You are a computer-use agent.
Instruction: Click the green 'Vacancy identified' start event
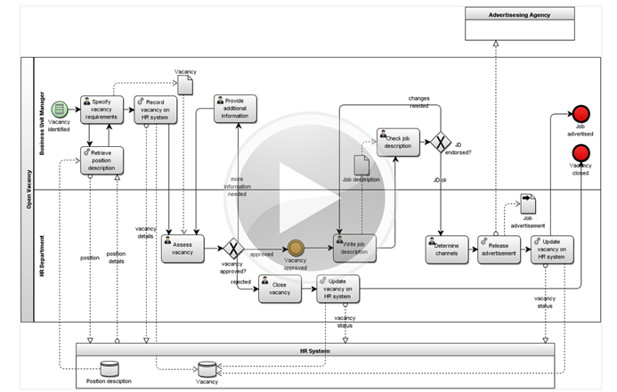[x=60, y=109]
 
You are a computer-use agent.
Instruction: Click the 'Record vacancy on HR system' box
[x=158, y=109]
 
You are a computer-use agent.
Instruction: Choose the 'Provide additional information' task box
[x=235, y=108]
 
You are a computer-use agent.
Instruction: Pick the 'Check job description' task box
[x=398, y=143]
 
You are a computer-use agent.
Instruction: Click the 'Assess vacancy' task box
[x=183, y=249]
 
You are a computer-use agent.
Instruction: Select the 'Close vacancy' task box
[x=280, y=289]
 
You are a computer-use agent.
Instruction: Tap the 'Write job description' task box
[x=353, y=248]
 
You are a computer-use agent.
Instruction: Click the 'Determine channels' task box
[x=447, y=249]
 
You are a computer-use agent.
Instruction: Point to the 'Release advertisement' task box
[x=498, y=249]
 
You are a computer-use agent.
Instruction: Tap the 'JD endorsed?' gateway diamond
[x=442, y=143]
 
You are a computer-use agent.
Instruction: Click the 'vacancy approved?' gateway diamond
[x=233, y=249]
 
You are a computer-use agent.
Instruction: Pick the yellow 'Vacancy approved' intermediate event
[x=295, y=249]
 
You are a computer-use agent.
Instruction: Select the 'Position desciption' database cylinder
[x=109, y=368]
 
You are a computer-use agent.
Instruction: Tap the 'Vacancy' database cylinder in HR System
[x=207, y=368]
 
